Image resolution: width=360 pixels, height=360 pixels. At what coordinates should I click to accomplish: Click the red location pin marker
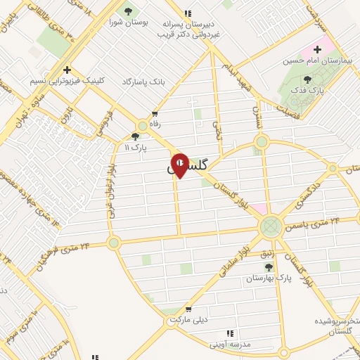click(180, 165)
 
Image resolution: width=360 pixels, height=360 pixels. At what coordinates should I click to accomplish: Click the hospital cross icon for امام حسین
click(317, 49)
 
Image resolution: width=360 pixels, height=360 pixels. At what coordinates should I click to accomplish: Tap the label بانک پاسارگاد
click(147, 82)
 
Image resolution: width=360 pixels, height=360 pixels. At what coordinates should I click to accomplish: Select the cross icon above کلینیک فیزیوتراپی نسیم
click(66, 69)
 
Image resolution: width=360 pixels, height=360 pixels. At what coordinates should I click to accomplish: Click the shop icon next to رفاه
click(154, 114)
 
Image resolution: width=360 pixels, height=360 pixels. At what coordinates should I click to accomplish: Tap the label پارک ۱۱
click(133, 148)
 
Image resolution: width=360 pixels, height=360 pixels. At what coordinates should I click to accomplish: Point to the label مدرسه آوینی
click(233, 345)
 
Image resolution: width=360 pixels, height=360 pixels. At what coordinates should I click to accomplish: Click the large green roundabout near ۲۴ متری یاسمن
click(270, 226)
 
